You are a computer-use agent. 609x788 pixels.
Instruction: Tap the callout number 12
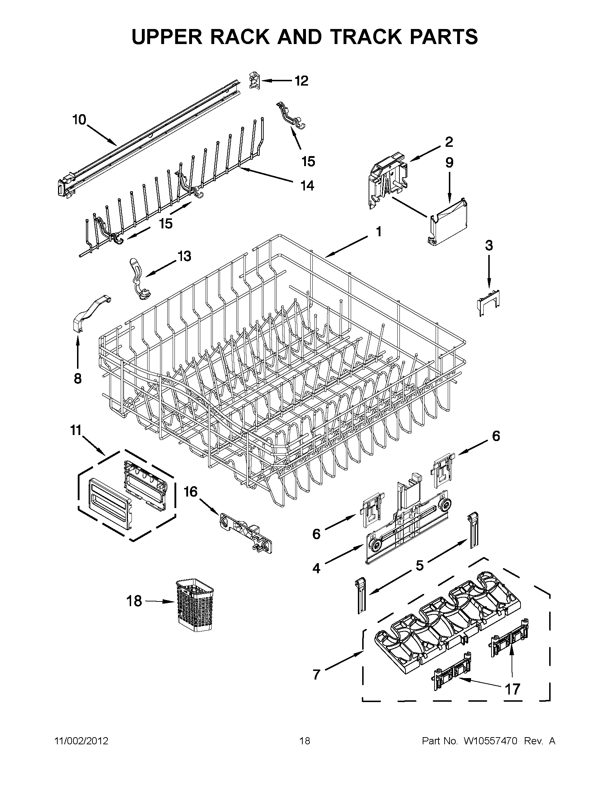click(x=301, y=81)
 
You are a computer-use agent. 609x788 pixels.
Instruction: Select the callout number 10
click(x=80, y=120)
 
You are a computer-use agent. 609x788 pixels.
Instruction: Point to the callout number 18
click(x=134, y=601)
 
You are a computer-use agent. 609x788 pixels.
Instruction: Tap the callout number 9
click(x=449, y=163)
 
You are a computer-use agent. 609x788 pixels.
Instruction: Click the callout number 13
click(x=184, y=256)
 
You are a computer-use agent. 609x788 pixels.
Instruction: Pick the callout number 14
click(x=307, y=186)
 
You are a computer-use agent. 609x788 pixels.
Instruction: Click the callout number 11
click(x=76, y=431)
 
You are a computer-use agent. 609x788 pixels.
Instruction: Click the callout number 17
click(x=512, y=690)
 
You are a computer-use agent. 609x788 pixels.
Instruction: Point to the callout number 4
click(x=316, y=569)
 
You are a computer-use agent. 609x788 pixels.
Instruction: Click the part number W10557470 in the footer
click(x=490, y=741)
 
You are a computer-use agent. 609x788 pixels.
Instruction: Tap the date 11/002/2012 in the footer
click(x=81, y=741)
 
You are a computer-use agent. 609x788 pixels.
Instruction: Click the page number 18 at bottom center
click(x=304, y=741)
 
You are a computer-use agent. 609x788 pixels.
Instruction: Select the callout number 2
click(x=449, y=142)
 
